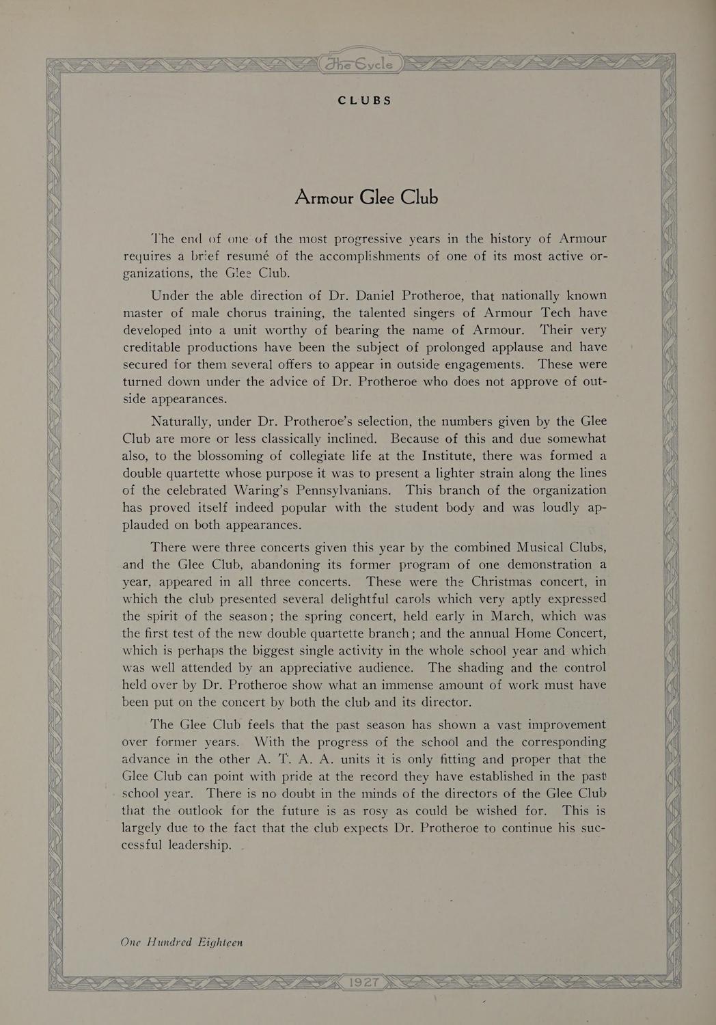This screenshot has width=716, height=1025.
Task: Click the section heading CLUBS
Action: (x=365, y=100)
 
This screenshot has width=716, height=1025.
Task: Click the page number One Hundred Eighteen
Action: (x=182, y=942)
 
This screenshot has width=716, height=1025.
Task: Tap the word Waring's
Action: (x=265, y=491)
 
